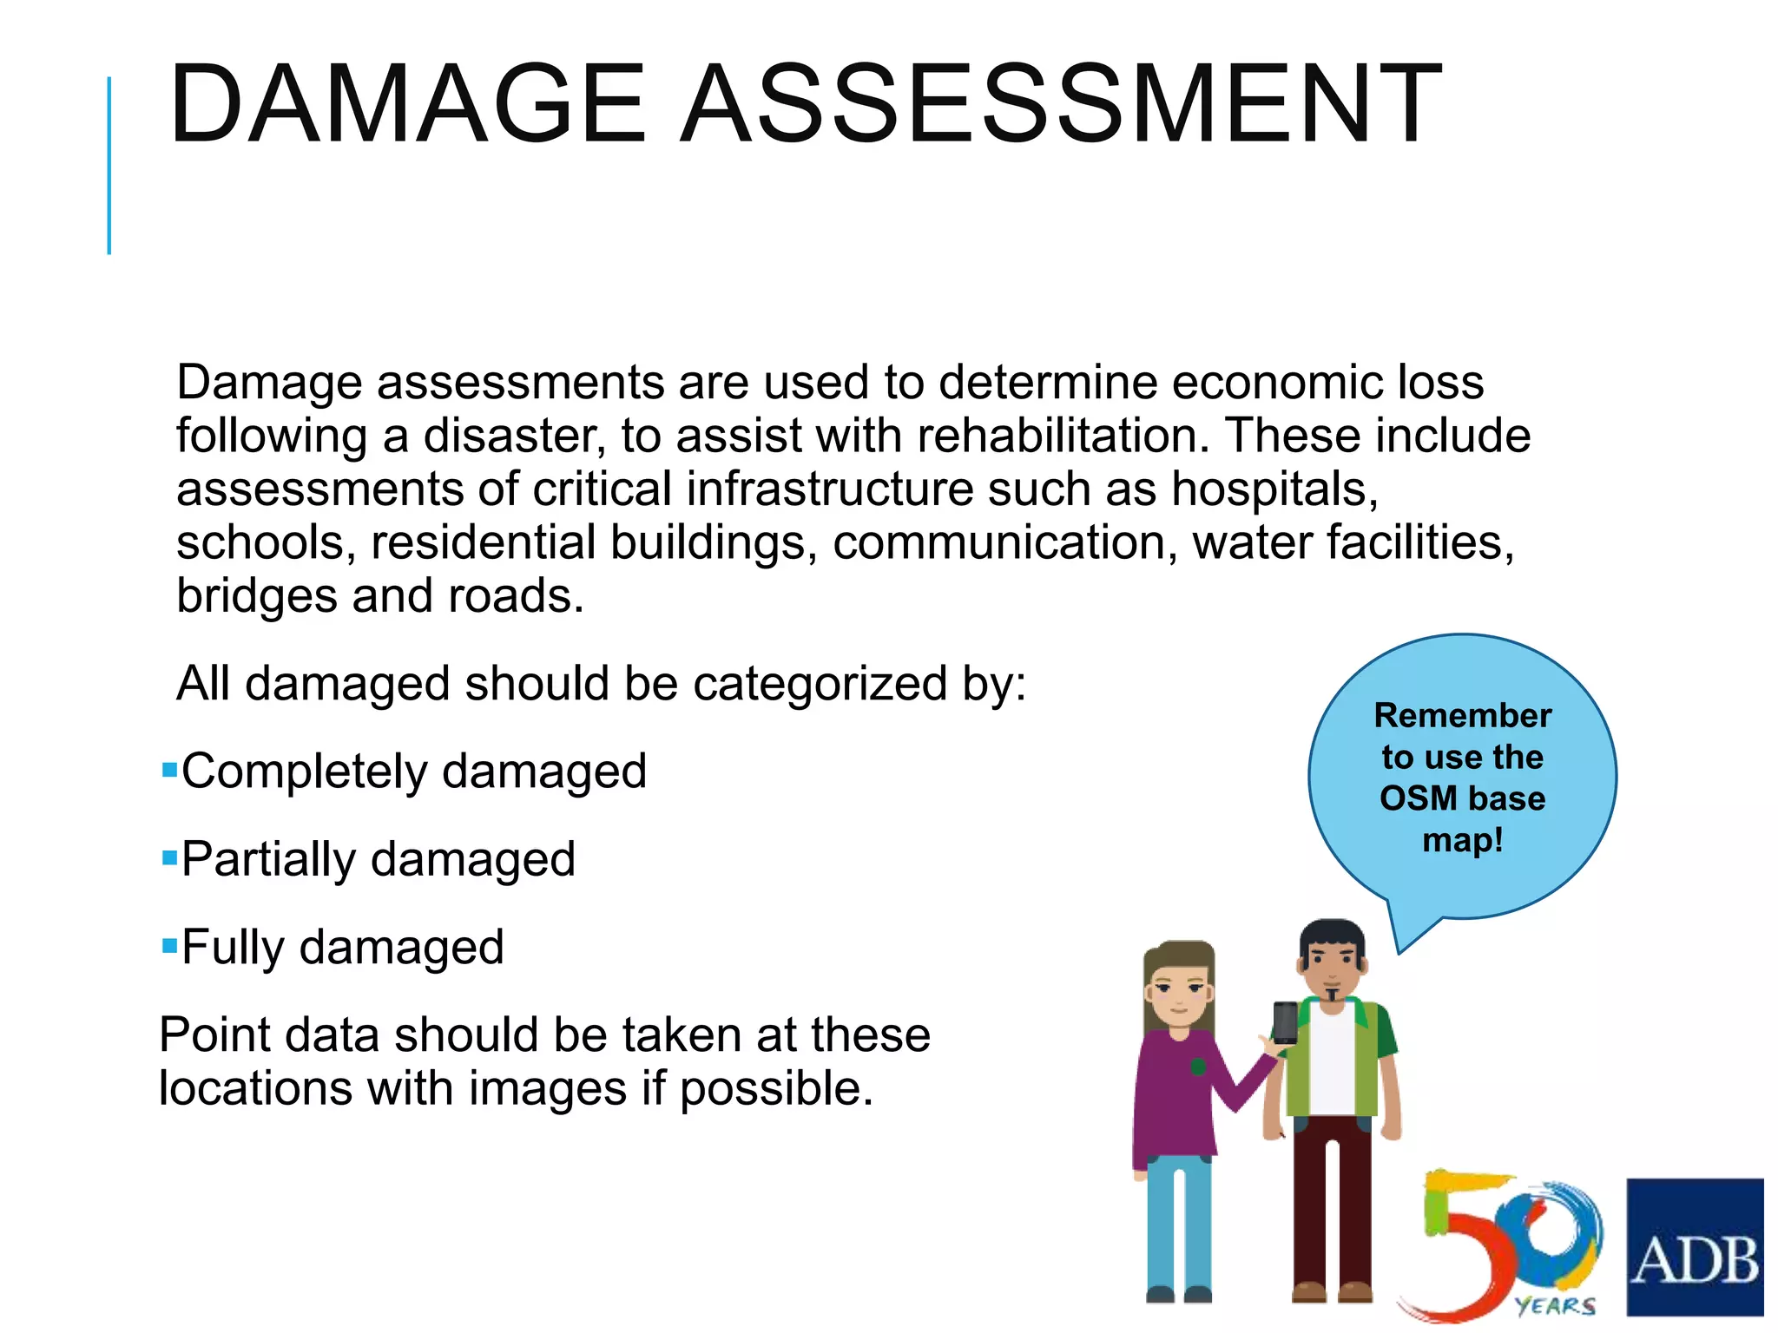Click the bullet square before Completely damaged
tap(169, 769)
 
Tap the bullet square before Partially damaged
tap(169, 857)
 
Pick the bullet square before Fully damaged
tap(169, 945)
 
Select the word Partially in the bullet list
tap(268, 860)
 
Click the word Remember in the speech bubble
tap(1463, 716)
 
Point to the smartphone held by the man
tap(1285, 1023)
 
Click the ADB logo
tap(1695, 1247)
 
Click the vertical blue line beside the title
tap(109, 165)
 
